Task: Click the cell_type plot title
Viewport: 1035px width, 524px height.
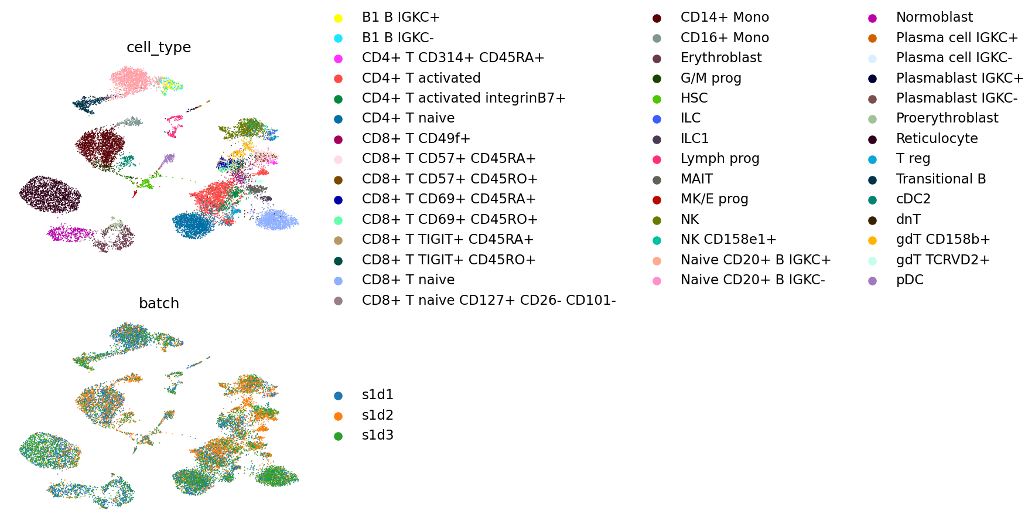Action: click(159, 47)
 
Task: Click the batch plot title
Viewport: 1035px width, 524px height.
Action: click(159, 304)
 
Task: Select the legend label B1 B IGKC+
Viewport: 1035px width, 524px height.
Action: click(401, 18)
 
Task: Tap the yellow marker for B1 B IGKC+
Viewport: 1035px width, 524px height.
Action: click(338, 18)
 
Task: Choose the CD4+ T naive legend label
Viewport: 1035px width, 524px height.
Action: click(408, 118)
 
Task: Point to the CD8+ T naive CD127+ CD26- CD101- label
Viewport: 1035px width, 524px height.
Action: click(489, 300)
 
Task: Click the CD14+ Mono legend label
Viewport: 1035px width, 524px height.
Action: click(725, 18)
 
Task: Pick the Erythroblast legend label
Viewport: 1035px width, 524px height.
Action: click(721, 58)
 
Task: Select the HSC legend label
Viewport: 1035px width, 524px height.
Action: click(694, 98)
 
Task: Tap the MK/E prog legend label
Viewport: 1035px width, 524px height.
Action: click(715, 199)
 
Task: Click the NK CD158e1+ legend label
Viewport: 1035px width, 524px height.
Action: click(729, 240)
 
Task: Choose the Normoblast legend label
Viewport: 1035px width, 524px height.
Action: click(934, 18)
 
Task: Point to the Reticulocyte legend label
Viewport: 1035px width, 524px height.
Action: click(937, 139)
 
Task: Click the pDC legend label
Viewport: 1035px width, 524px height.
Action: click(910, 280)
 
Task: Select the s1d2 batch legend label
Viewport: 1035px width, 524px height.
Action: click(378, 416)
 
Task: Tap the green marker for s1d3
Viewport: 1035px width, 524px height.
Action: click(338, 436)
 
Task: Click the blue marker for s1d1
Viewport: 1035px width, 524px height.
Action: click(338, 396)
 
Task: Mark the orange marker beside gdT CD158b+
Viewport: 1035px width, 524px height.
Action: click(873, 240)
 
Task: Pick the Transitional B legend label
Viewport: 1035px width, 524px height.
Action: click(941, 179)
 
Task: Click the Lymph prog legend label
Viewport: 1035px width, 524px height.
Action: click(720, 159)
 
